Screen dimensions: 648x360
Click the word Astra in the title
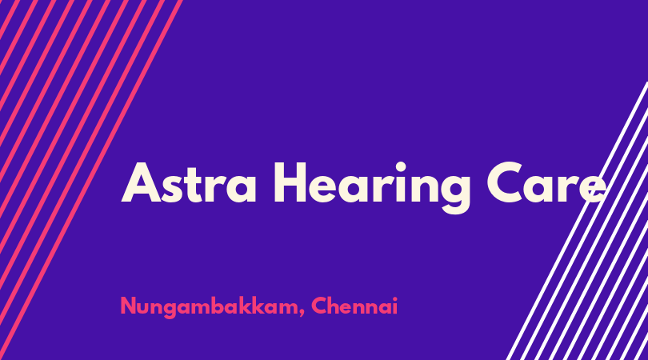point(189,182)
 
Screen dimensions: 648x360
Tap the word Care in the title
point(546,182)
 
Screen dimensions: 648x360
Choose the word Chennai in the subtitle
point(354,306)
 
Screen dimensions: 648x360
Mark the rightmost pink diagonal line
point(91,180)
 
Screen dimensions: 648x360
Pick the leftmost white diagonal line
point(577,221)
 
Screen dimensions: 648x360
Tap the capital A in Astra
point(141,182)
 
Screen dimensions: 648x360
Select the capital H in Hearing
point(290,182)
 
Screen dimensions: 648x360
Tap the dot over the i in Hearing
point(400,167)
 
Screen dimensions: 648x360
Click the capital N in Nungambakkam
point(129,306)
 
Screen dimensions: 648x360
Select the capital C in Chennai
point(319,306)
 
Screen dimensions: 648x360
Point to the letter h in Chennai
point(336,306)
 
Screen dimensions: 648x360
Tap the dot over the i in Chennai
point(394,299)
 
